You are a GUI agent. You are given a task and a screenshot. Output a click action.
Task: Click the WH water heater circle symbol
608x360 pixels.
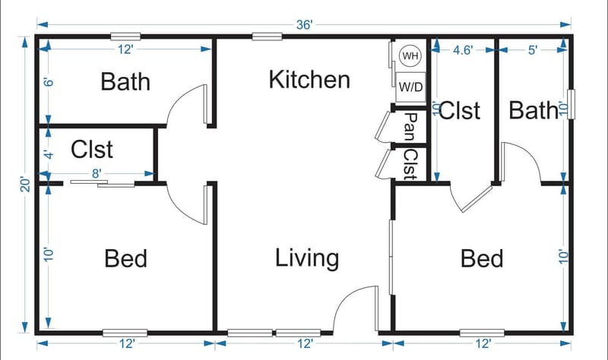[410, 56]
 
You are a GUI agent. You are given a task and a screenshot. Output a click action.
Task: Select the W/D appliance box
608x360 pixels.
[410, 87]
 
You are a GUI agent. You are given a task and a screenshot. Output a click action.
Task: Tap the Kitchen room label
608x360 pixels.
[309, 79]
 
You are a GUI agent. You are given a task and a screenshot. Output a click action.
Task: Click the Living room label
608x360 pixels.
[306, 258]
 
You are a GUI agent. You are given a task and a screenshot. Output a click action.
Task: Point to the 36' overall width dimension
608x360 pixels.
[305, 24]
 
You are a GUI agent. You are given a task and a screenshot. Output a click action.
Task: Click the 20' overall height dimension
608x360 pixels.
[25, 185]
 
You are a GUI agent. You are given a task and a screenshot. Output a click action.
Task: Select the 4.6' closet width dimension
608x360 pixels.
[463, 50]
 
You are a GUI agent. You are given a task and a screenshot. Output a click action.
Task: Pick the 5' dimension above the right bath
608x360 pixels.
[532, 50]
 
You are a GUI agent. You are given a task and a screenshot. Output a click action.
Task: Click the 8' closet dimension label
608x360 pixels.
[97, 174]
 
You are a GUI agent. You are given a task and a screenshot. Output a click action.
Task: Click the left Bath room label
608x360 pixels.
[125, 81]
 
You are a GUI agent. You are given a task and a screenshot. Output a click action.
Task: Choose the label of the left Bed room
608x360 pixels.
[125, 259]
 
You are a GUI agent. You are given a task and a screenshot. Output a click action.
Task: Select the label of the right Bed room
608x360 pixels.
[482, 259]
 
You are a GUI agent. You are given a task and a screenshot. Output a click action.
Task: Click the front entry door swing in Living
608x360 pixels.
[356, 307]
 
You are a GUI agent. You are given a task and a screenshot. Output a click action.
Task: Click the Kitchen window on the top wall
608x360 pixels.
[268, 36]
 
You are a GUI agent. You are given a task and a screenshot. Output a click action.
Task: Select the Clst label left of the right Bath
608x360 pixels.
[460, 111]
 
